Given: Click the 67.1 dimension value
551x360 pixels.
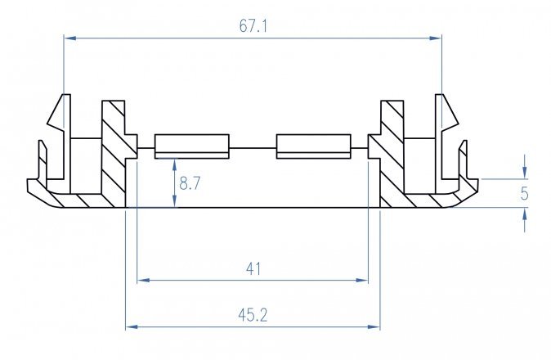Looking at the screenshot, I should (x=253, y=26).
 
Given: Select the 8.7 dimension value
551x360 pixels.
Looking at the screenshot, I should (x=190, y=184).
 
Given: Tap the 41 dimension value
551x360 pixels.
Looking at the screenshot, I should (x=253, y=268).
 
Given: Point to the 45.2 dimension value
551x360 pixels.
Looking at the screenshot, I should (x=253, y=315).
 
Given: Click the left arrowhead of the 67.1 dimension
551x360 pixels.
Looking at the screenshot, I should (x=69, y=38).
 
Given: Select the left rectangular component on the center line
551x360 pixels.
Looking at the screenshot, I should (x=191, y=146).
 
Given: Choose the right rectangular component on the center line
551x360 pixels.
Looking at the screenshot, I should (x=314, y=146).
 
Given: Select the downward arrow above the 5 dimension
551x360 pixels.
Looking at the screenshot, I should (x=524, y=173).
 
